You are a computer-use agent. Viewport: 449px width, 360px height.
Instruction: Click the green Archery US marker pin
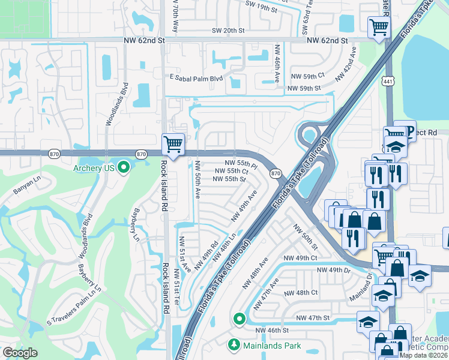124,168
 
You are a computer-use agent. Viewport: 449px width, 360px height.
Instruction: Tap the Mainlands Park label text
272,346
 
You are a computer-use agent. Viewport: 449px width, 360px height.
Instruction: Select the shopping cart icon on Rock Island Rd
173,144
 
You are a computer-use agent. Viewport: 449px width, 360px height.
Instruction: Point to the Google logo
20,353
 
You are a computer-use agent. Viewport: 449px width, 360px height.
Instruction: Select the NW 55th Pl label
241,163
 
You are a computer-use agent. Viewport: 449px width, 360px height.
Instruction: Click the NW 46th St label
273,330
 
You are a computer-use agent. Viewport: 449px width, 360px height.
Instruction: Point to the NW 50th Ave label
197,179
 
